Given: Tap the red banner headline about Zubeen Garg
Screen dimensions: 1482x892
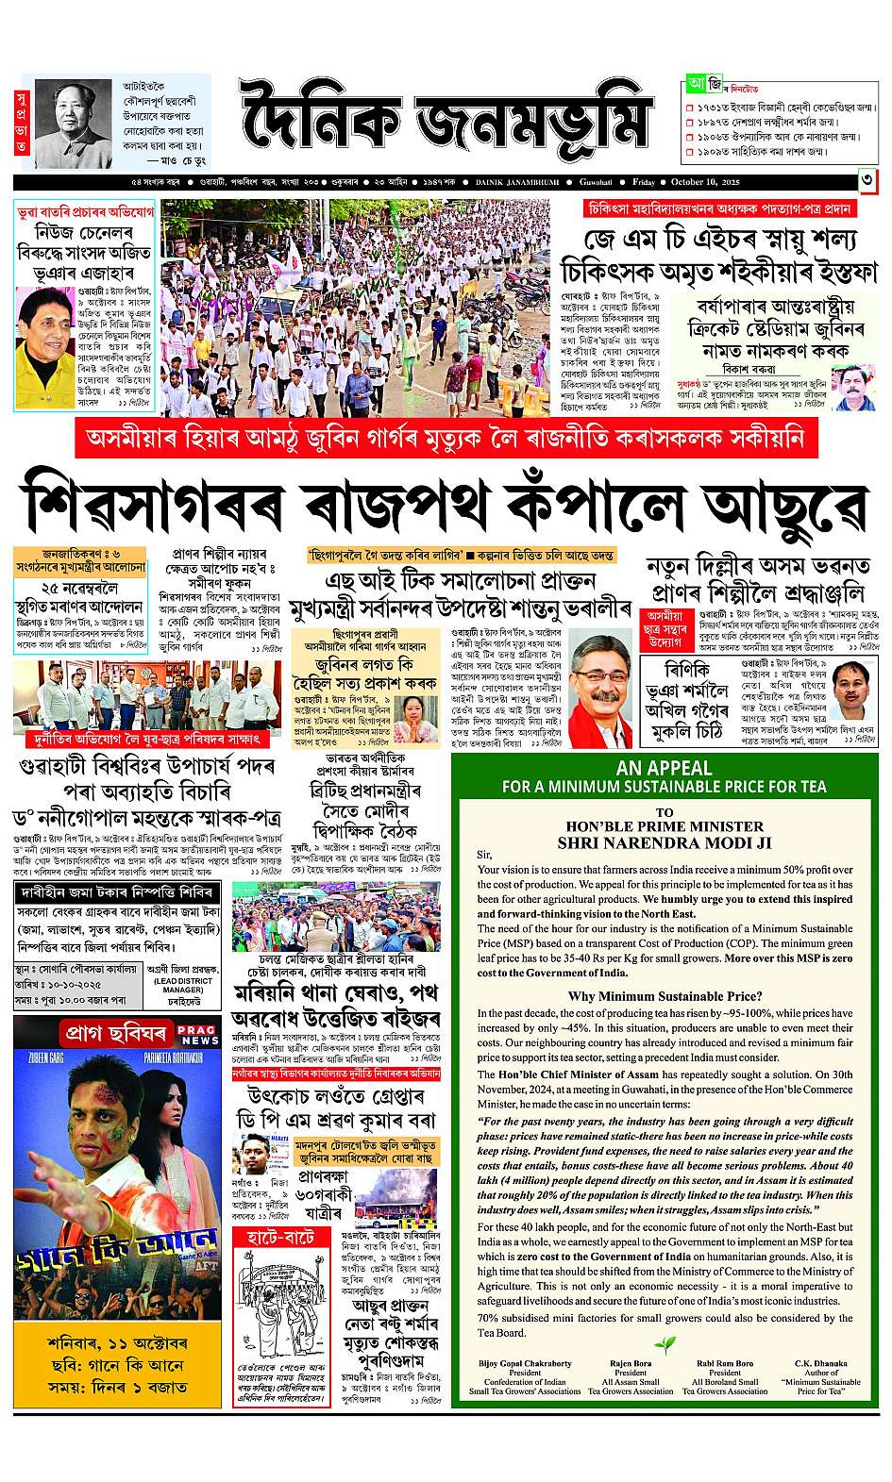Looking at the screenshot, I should click(x=446, y=438).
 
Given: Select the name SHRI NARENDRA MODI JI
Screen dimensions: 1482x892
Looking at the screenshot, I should click(x=665, y=842).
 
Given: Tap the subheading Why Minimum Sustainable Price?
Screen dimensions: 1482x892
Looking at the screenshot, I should click(x=665, y=996).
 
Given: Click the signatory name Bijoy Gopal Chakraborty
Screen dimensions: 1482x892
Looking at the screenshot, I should click(x=525, y=1363).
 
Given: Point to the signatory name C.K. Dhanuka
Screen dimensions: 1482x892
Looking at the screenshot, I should click(x=820, y=1363).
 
